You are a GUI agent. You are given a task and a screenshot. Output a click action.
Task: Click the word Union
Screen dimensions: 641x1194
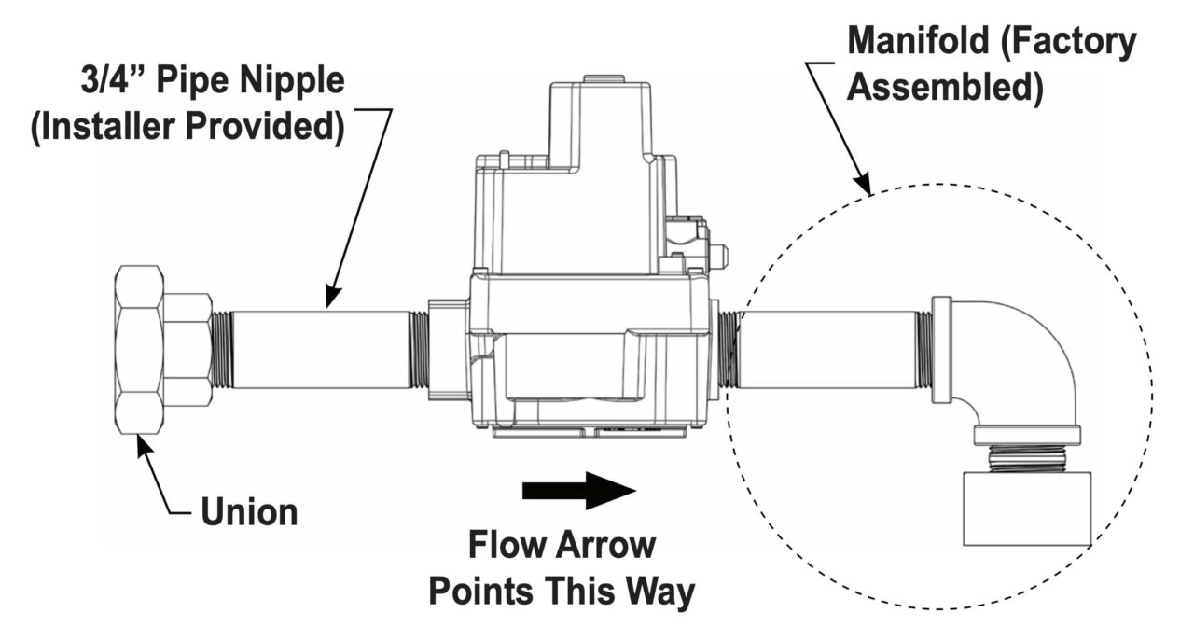click(x=248, y=510)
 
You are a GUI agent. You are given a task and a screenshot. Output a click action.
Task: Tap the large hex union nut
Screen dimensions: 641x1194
click(x=140, y=349)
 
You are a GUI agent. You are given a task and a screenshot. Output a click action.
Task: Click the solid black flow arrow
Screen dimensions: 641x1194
click(x=578, y=490)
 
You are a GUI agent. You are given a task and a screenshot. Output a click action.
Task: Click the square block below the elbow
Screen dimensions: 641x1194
click(x=1026, y=509)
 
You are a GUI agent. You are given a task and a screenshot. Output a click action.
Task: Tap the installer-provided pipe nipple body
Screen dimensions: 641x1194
click(x=317, y=349)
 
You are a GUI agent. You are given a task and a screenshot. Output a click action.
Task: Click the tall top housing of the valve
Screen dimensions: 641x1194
click(x=597, y=140)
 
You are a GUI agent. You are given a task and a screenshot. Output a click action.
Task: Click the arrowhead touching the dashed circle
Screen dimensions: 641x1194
click(x=865, y=189)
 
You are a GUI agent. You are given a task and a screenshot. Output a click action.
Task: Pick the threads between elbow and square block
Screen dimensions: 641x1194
click(x=1026, y=458)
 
